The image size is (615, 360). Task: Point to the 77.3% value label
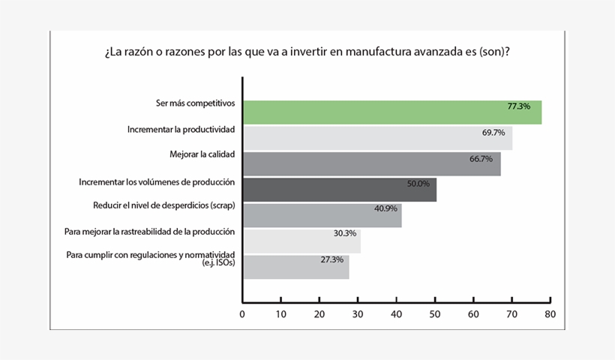click(x=518, y=106)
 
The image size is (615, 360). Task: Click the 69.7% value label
click(x=493, y=133)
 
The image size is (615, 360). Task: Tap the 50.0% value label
click(x=418, y=183)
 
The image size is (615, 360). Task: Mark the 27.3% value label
click(x=331, y=259)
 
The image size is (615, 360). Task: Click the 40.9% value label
click(x=385, y=208)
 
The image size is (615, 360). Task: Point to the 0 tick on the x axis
click(x=242, y=315)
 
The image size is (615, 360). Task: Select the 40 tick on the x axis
click(x=396, y=315)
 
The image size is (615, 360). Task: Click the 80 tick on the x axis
click(x=550, y=315)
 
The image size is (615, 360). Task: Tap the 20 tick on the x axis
click(x=319, y=315)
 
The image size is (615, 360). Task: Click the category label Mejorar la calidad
click(x=202, y=154)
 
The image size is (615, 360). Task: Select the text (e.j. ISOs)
click(x=217, y=263)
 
